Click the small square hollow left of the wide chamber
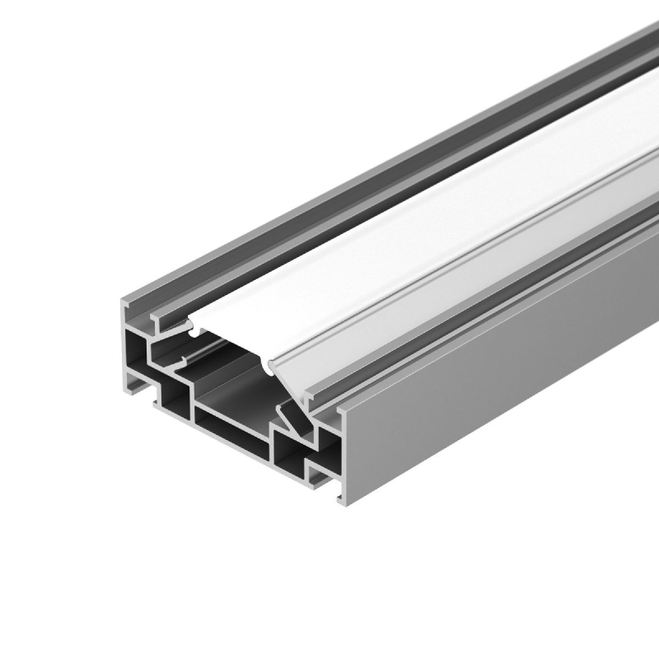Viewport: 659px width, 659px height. (x=175, y=401)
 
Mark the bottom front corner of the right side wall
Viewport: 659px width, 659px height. (x=344, y=500)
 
